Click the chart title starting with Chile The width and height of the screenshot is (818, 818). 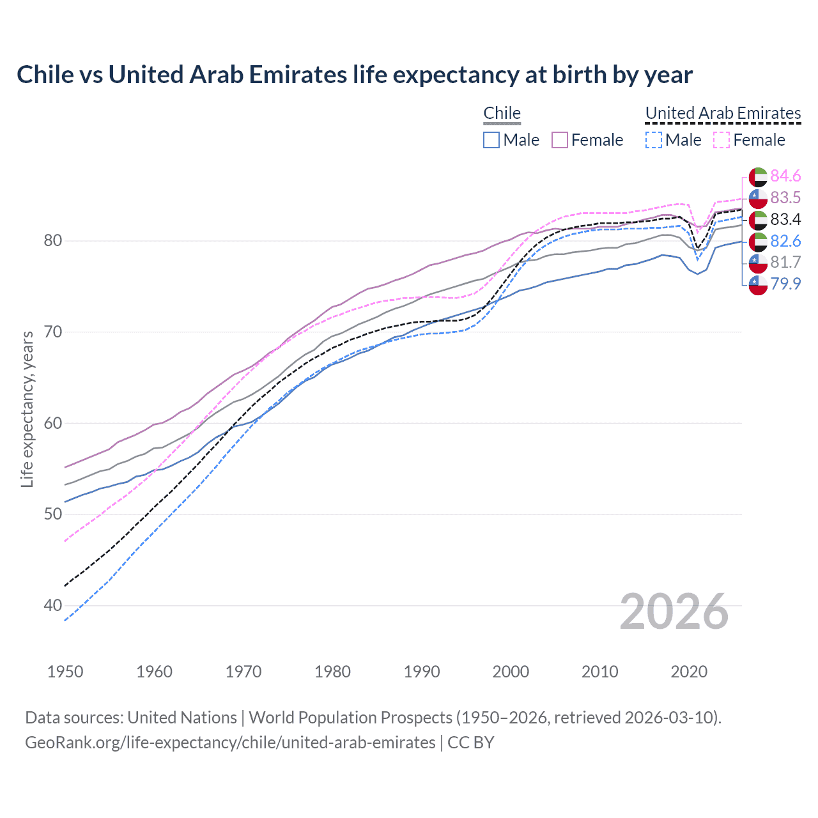click(354, 75)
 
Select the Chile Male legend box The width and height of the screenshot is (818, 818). click(491, 140)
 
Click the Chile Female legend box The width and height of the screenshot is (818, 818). click(560, 140)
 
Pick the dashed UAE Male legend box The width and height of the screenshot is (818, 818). click(653, 140)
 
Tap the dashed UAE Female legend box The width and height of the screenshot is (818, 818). click(722, 140)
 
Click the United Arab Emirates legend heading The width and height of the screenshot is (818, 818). click(723, 113)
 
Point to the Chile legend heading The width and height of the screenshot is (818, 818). click(502, 113)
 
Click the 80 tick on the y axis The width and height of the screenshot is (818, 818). click(52, 241)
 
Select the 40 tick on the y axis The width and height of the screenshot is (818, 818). click(52, 605)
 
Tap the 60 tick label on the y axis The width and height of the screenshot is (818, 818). click(52, 423)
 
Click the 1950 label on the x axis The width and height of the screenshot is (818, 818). click(65, 672)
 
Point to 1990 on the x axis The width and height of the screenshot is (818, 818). click(422, 672)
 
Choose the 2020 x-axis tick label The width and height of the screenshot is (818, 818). click(689, 672)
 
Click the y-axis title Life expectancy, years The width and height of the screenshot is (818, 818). click(27, 409)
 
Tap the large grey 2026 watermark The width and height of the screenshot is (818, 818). click(674, 612)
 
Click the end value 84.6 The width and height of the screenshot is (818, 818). click(785, 176)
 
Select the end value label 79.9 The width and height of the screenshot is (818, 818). click(785, 284)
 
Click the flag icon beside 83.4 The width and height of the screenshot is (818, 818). click(758, 220)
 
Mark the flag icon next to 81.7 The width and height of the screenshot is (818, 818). click(758, 263)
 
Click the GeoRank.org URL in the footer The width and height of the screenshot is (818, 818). click(230, 743)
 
